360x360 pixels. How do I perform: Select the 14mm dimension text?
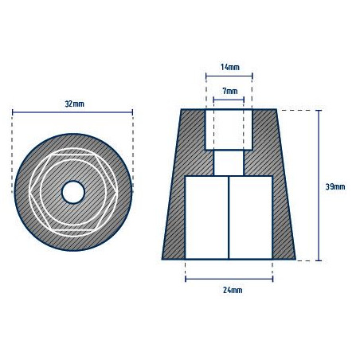click(229, 68)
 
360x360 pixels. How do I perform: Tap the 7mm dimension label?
click(229, 92)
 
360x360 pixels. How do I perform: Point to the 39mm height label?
click(335, 186)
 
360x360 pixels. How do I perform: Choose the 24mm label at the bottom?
click(229, 290)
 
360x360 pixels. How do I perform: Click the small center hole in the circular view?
click(73, 191)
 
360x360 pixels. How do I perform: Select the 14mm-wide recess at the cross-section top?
click(229, 130)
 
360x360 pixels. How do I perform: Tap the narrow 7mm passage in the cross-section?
click(229, 163)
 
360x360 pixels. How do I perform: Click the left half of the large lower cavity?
click(207, 217)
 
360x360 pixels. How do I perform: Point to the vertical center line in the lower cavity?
click(229, 217)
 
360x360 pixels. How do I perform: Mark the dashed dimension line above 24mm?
click(229, 280)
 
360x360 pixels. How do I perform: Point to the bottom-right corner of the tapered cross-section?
click(295, 260)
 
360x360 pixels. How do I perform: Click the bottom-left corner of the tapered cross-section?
click(162, 260)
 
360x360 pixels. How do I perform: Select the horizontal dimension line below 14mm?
click(229, 77)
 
